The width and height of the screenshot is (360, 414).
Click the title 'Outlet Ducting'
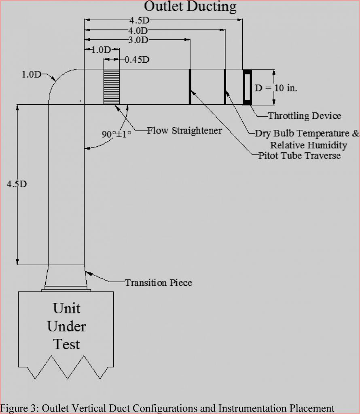tap(190, 6)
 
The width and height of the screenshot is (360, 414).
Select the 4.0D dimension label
tap(138, 30)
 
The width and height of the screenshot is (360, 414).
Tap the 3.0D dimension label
tap(138, 40)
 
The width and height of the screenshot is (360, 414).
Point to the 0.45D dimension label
tap(137, 60)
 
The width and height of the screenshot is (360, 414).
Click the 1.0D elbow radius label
tap(31, 75)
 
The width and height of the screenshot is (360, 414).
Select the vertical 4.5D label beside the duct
tap(17, 184)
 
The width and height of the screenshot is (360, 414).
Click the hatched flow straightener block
tap(111, 87)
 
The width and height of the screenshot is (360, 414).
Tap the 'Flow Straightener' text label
tap(184, 131)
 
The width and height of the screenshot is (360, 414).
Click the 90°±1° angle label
tap(116, 134)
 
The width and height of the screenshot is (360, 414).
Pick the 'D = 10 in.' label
tap(276, 88)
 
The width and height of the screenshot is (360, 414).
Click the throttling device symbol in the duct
tap(247, 87)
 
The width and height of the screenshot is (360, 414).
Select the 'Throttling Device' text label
tap(305, 116)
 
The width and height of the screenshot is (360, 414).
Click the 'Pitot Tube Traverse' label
tap(299, 156)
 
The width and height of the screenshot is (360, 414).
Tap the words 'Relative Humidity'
tap(308, 145)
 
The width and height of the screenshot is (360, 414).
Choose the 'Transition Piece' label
tap(158, 283)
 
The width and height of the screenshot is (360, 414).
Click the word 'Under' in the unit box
tap(67, 326)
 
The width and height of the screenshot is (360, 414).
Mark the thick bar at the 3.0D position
tap(190, 87)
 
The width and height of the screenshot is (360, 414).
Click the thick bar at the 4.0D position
tap(225, 87)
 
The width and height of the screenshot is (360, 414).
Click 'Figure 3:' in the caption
tap(14, 408)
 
